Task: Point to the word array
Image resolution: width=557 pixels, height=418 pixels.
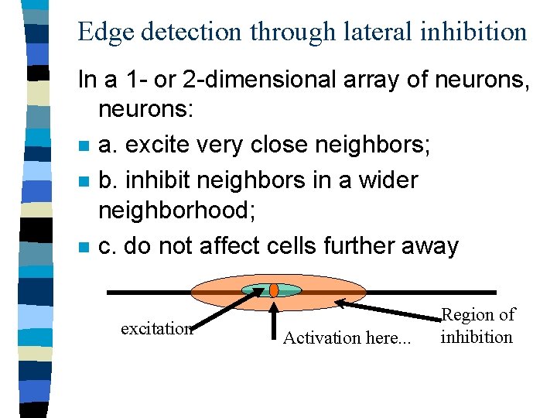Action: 368,80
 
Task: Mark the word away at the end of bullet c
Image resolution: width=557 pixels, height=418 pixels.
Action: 430,246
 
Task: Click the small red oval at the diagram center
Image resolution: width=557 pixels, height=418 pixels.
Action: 273,290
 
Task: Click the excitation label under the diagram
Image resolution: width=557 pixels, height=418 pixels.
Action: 157,328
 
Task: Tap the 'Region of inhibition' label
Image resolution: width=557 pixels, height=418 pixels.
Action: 477,326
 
